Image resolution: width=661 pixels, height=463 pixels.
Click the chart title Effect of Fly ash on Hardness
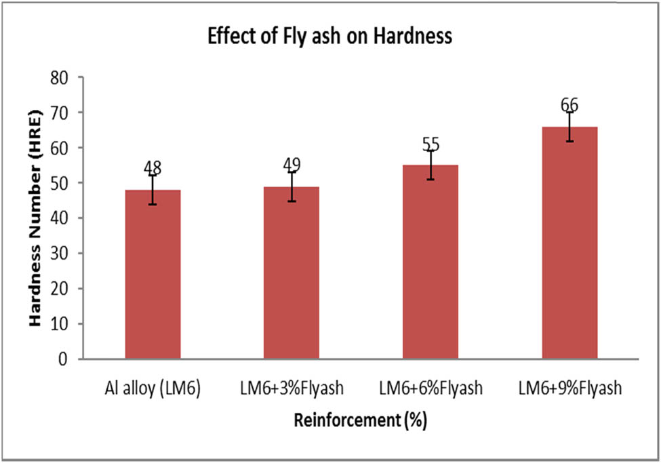tap(329, 37)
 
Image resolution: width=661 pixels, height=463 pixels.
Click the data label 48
tap(153, 167)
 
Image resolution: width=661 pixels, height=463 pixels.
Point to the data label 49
tap(292, 164)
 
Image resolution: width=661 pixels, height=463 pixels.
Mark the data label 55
tap(430, 144)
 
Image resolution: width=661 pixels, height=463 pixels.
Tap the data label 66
tap(569, 105)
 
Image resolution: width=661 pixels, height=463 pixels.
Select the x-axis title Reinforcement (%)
tap(360, 420)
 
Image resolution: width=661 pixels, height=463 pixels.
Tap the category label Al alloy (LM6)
tap(152, 388)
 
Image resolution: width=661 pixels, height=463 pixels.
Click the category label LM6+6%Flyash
tap(430, 388)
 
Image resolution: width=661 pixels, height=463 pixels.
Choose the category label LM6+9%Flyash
tap(569, 388)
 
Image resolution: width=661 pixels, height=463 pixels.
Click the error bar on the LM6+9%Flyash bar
tap(569, 127)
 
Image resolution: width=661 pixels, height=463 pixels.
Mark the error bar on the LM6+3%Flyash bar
tap(292, 186)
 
